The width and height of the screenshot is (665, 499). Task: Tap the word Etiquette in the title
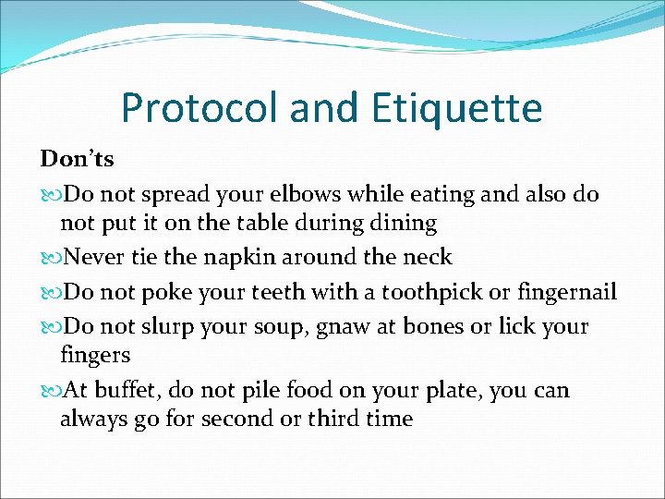tap(457, 109)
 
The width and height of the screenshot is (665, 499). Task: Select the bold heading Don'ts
tap(78, 160)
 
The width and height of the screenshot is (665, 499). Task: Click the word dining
tap(403, 224)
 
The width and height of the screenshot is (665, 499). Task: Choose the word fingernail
tap(565, 293)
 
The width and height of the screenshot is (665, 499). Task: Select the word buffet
tap(117, 391)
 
